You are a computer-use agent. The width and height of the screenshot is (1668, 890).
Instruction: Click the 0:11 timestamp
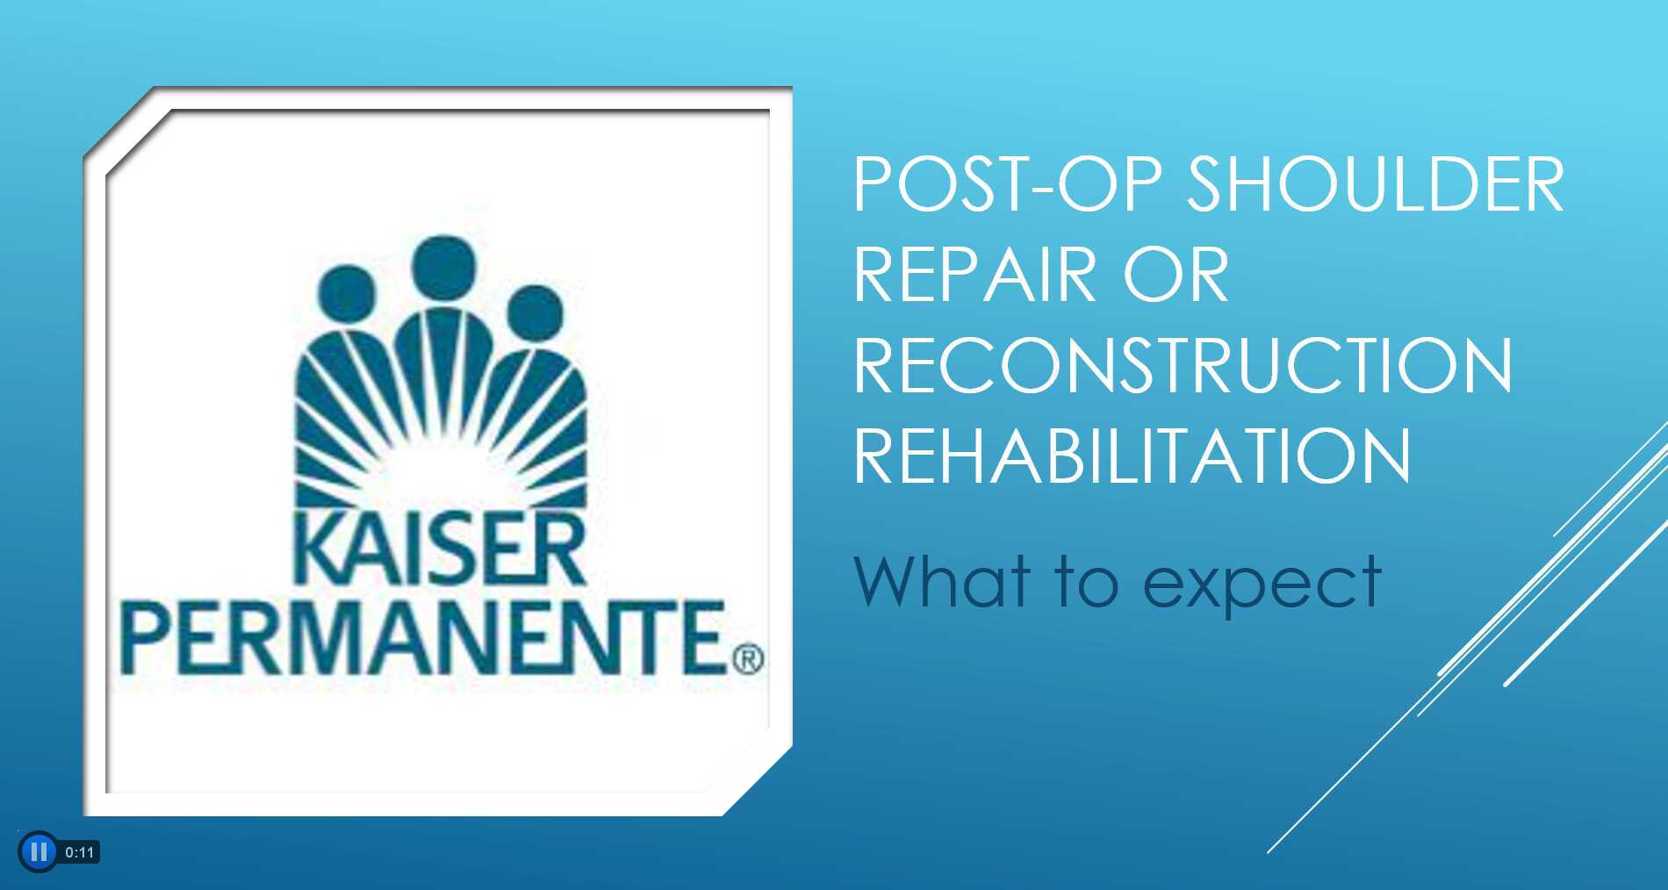pos(79,852)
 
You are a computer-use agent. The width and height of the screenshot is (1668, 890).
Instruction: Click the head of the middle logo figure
pos(444,266)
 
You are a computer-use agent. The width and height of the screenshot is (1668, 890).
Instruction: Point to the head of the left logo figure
pos(346,294)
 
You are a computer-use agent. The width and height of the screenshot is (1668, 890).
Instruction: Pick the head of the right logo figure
pos(535,312)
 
